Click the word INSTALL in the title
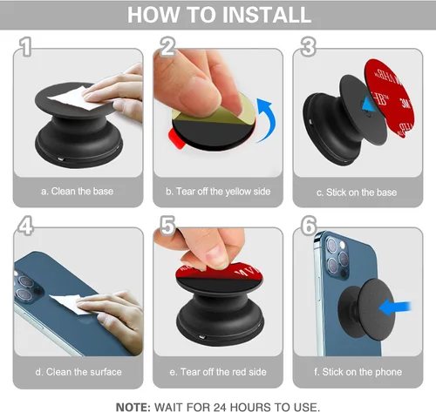[268, 15]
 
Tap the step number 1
[25, 46]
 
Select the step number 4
[25, 226]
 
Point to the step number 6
[309, 226]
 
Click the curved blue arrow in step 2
[268, 119]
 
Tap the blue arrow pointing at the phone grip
[395, 308]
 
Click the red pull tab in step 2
[176, 138]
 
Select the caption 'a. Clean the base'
[78, 192]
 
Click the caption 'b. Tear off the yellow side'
[218, 192]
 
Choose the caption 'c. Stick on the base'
[357, 192]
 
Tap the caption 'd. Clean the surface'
[78, 372]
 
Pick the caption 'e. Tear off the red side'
[218, 372]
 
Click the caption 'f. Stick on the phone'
[358, 372]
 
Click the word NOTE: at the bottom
[133, 407]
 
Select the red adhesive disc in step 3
[391, 98]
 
